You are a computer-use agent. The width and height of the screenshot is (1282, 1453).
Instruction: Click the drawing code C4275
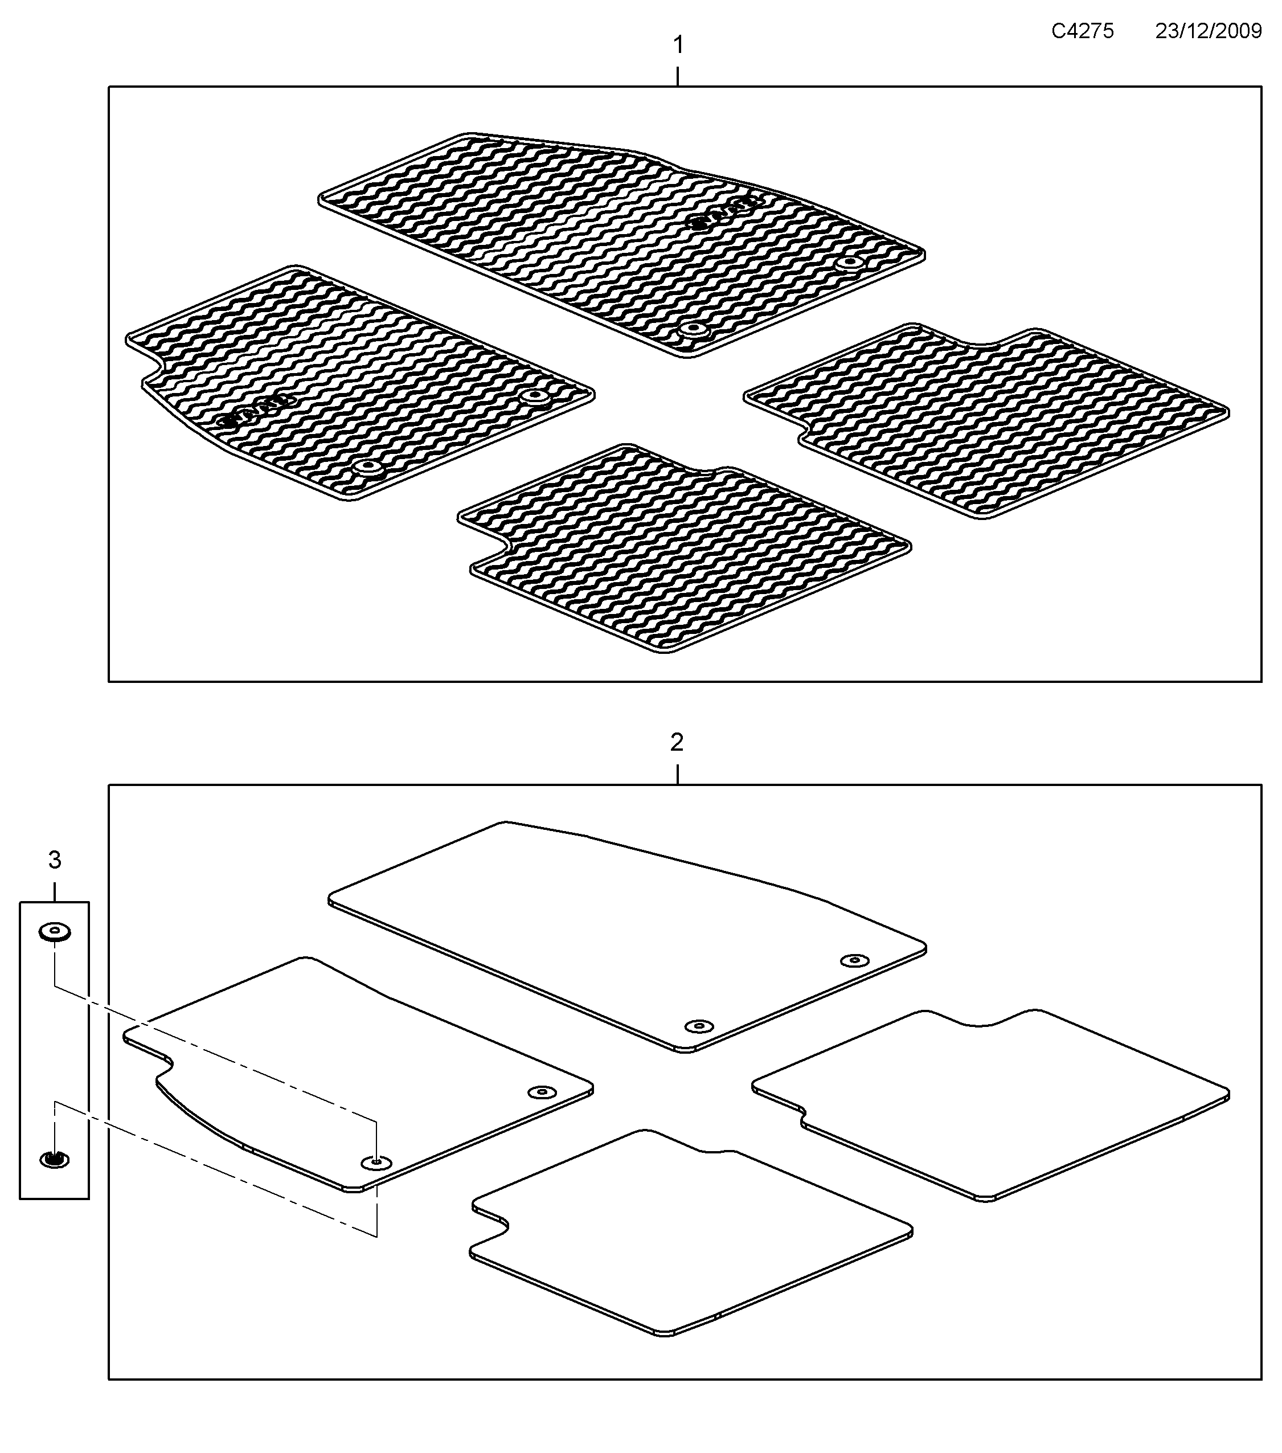pos(1082,31)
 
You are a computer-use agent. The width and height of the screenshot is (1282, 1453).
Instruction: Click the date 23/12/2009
pos(1208,31)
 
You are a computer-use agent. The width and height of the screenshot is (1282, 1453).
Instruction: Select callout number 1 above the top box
pos(678,46)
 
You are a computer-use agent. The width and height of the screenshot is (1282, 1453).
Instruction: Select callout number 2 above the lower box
pos(677,743)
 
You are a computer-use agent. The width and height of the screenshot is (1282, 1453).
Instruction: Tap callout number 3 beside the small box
pos(55,861)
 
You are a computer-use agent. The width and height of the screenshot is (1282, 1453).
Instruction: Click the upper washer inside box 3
pos(55,931)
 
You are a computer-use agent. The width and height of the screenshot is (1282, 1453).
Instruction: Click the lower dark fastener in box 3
pos(54,1160)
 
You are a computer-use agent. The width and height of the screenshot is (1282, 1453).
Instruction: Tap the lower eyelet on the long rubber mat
pos(693,330)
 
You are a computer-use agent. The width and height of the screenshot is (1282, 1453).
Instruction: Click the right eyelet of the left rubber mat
pos(534,396)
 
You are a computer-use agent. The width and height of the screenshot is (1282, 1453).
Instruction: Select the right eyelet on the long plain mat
pos(854,961)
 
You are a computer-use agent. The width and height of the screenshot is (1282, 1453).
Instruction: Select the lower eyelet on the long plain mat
pos(699,1026)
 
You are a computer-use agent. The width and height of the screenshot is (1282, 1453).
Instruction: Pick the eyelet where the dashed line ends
pos(376,1163)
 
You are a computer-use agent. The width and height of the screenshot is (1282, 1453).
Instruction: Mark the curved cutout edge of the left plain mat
pos(199,1123)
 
